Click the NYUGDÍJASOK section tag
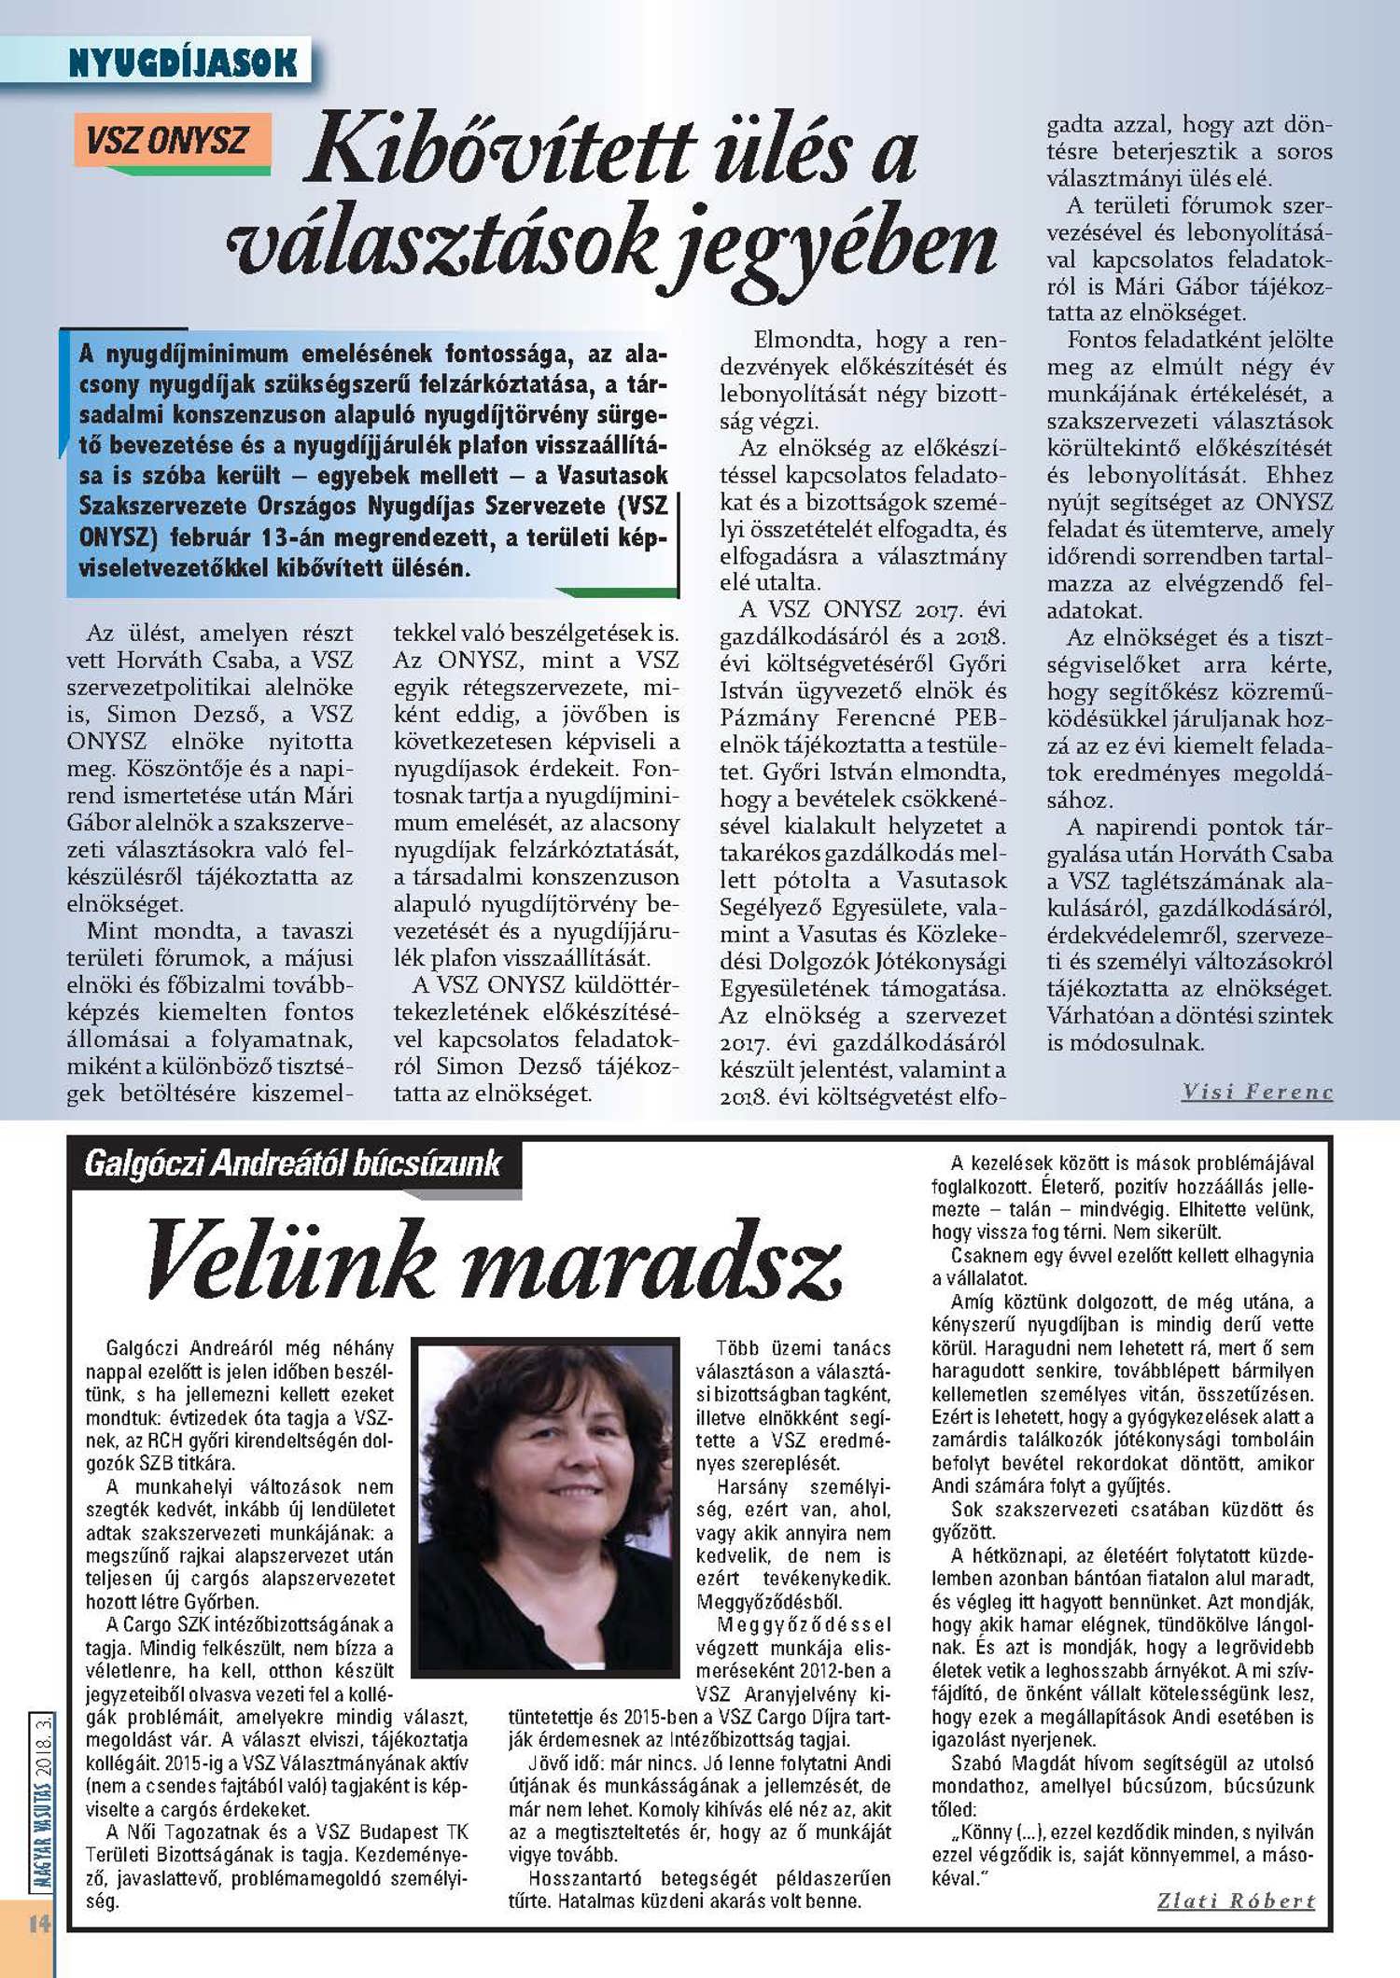(183, 63)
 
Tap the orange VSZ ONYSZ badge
(168, 141)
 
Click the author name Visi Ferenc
(1256, 1092)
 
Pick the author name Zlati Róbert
(1236, 1901)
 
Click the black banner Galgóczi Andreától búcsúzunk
(293, 1163)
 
